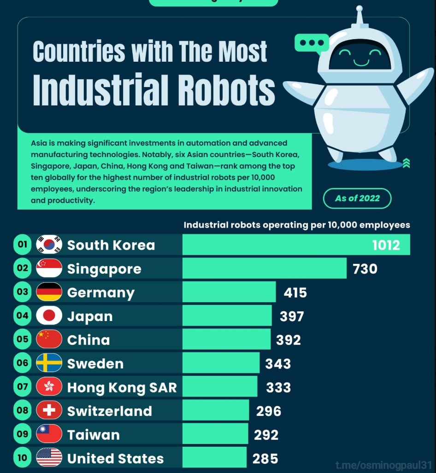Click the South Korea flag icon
tap(49, 245)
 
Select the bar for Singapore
tap(264, 268)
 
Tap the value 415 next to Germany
tap(295, 292)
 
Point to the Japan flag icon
tap(49, 315)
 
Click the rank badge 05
tap(23, 339)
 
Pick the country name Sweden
tap(95, 364)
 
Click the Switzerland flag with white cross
tap(49, 410)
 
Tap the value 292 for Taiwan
tap(266, 435)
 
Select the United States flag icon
tap(49, 458)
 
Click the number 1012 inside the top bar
tap(386, 245)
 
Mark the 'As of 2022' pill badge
tap(357, 199)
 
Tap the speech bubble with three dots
tap(312, 43)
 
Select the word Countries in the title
tap(79, 52)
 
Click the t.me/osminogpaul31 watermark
tap(384, 465)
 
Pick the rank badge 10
tap(23, 458)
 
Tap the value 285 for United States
tap(265, 459)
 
